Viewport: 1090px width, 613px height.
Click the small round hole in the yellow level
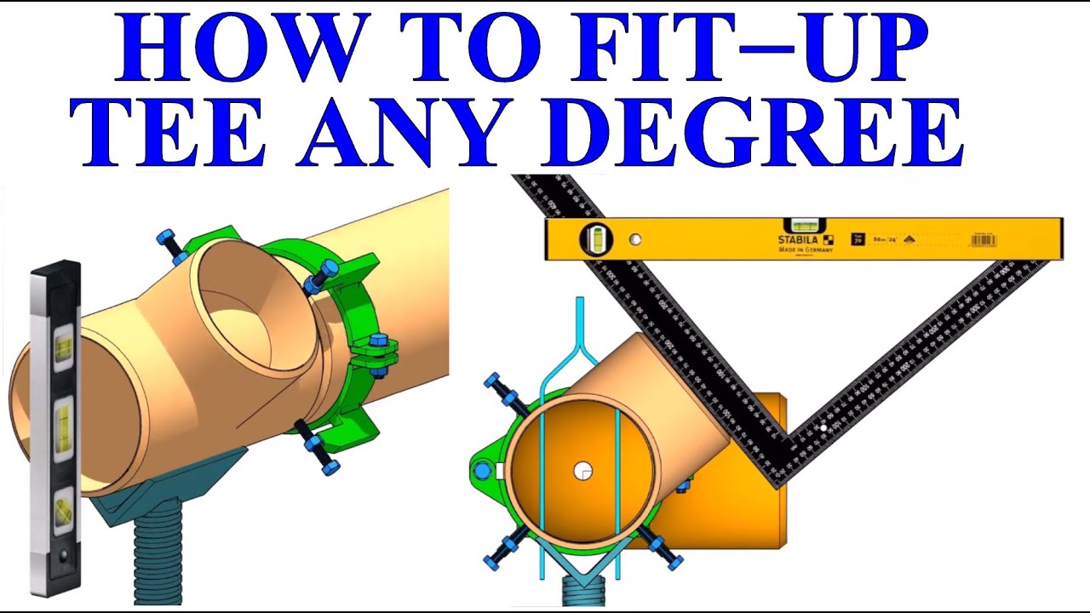pos(634,240)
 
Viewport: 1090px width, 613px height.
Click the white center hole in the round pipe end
pos(582,470)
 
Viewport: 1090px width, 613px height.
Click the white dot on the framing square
pos(823,427)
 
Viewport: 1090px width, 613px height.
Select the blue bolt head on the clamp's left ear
pos(483,470)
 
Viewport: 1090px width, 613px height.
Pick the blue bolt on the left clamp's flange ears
pos(378,343)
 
